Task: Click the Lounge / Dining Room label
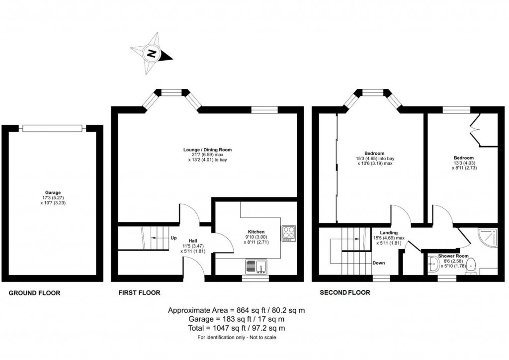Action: tap(207, 149)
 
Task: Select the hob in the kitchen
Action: tap(289, 233)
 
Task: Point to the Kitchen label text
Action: tap(256, 232)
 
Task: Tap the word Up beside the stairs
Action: tap(173, 238)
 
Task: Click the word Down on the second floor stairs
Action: tap(378, 263)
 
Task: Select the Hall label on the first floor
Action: tap(192, 240)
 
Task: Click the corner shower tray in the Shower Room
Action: tap(487, 238)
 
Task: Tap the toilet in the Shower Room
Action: tap(472, 265)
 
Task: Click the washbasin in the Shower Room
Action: tap(433, 265)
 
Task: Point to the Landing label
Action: tap(389, 232)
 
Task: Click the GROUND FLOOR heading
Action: tap(35, 293)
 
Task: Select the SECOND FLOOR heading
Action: tap(345, 292)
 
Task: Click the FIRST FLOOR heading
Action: tap(140, 292)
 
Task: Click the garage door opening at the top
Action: tap(52, 128)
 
